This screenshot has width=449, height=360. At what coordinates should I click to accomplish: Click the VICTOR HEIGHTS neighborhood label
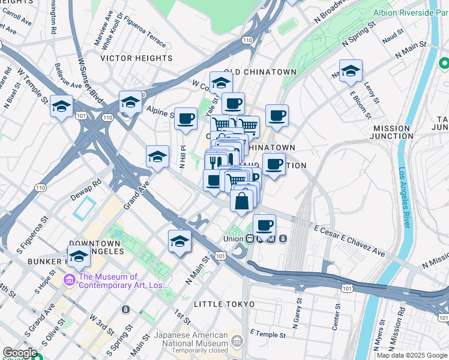pyautogui.click(x=137, y=58)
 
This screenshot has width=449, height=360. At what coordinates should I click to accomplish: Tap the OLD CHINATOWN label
pyautogui.click(x=261, y=72)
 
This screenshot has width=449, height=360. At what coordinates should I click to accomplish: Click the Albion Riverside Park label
pyautogui.click(x=411, y=12)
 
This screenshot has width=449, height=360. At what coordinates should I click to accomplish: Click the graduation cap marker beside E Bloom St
pyautogui.click(x=351, y=71)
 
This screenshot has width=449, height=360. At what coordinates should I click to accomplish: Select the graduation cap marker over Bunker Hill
pyautogui.click(x=78, y=256)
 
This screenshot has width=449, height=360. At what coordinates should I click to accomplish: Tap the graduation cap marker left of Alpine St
pyautogui.click(x=130, y=102)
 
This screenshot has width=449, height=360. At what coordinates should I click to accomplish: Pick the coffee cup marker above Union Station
pyautogui.click(x=264, y=226)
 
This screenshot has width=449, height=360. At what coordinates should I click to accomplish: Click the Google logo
pyautogui.click(x=20, y=353)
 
